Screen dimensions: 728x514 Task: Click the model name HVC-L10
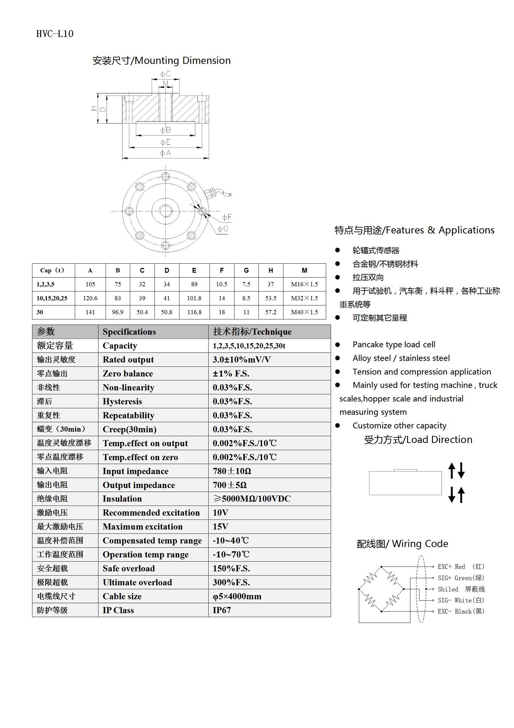(55, 34)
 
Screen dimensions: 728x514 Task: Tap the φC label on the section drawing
(166, 74)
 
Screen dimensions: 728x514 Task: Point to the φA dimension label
(166, 153)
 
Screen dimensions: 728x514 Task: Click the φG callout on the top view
(223, 229)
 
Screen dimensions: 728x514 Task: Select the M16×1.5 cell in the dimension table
(304, 284)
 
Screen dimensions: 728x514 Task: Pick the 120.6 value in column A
(90, 298)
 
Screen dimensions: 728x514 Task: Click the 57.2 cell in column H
(271, 312)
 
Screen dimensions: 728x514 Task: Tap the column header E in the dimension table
(194, 270)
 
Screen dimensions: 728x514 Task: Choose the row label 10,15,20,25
(52, 298)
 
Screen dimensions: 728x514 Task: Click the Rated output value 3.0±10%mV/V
(242, 360)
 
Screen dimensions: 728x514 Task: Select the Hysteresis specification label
(122, 401)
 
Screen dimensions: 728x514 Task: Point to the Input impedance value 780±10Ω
(232, 471)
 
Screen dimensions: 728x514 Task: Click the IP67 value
(222, 610)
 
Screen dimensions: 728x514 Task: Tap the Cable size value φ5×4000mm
(237, 596)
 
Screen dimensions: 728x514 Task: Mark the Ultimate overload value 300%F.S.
(231, 582)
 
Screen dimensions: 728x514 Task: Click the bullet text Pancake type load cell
(394, 344)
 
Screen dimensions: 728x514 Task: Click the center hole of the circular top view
(166, 211)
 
